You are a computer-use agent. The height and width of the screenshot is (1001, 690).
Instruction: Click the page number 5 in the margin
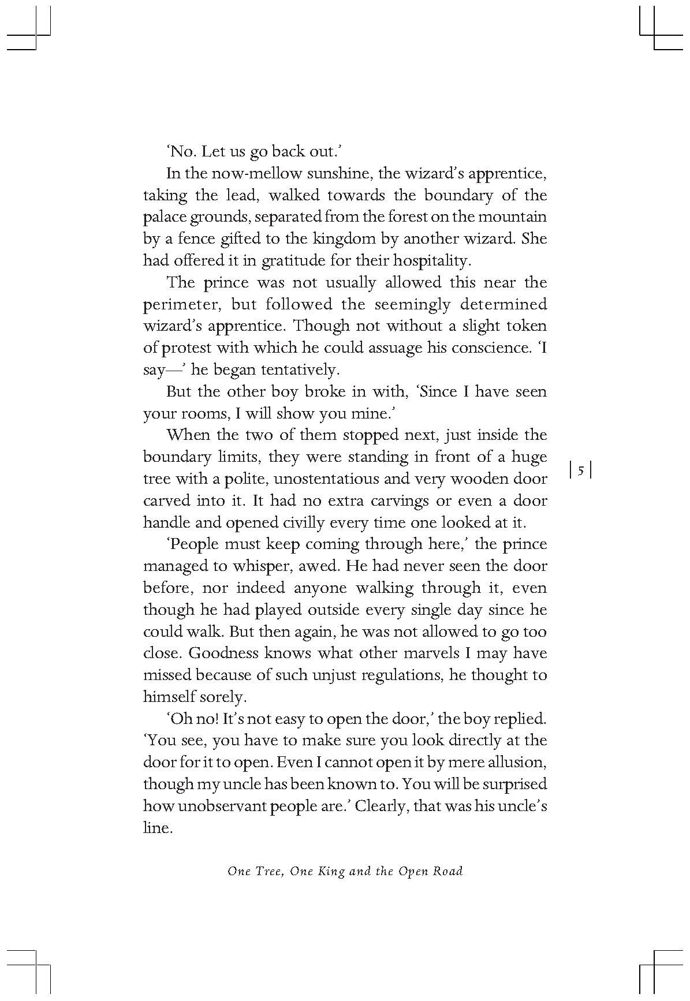point(581,471)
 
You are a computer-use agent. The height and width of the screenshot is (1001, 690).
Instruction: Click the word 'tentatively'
point(307,370)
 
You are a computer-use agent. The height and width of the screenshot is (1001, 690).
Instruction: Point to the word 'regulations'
point(394,675)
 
